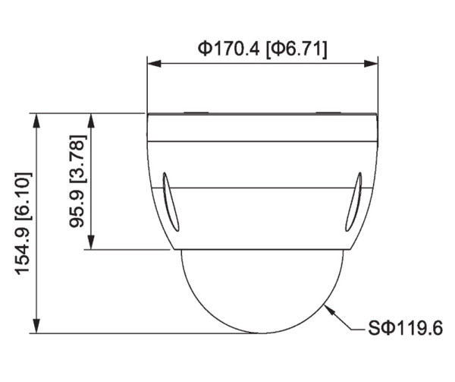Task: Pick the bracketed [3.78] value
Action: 78,157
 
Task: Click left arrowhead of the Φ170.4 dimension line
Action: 152,65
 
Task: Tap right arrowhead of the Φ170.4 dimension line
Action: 372,65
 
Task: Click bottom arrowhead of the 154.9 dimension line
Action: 36,327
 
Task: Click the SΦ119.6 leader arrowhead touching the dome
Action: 326,307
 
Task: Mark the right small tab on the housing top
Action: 329,114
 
